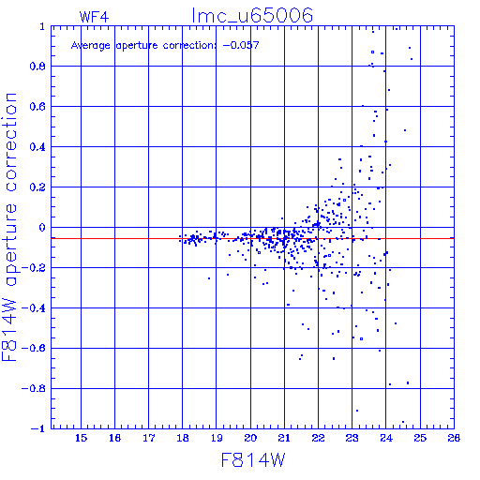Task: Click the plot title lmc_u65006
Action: tap(252, 16)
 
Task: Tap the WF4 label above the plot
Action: tap(94, 17)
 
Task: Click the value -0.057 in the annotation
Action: tap(241, 45)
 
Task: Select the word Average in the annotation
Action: tap(91, 46)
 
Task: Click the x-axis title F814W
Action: tap(253, 460)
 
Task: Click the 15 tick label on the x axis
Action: tap(81, 438)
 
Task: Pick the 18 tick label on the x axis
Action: tap(183, 438)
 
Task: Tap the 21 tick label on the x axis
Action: tap(284, 438)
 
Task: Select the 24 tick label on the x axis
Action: tap(386, 438)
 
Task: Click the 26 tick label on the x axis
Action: tap(454, 438)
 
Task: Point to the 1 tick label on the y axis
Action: tap(42, 26)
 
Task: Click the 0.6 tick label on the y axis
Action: tap(37, 107)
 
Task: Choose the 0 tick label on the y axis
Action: tap(42, 228)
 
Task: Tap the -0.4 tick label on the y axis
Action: tap(34, 308)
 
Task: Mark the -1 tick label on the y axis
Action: tap(38, 428)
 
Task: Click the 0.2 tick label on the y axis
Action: tap(37, 187)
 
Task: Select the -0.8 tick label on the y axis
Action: tap(34, 389)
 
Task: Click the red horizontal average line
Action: tap(252, 238)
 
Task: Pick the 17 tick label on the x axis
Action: tap(149, 438)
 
